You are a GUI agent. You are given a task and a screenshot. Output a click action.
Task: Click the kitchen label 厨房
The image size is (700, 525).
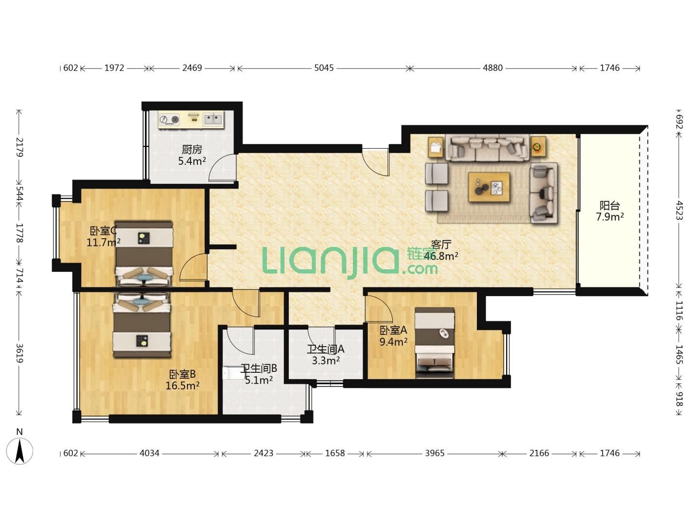192,149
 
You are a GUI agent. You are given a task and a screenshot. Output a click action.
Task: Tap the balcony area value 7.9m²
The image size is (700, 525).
610,217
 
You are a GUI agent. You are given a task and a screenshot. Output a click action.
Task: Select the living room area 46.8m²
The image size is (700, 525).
441,256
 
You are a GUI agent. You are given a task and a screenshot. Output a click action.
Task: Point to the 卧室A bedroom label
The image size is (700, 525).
393,330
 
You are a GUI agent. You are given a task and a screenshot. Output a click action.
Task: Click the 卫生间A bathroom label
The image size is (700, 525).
326,349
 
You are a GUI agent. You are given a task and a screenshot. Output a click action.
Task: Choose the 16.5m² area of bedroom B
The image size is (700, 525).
182,385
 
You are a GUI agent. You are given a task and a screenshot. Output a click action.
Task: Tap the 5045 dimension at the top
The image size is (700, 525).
324,68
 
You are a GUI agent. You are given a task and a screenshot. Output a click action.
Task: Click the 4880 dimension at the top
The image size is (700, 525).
492,68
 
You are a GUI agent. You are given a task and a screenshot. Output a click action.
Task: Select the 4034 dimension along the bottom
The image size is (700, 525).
149,453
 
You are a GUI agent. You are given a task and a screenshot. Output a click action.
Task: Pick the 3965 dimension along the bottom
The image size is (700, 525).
435,453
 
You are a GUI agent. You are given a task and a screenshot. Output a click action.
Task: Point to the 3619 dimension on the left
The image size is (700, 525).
19,353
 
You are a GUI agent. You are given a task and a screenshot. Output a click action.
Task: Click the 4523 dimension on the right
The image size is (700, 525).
679,210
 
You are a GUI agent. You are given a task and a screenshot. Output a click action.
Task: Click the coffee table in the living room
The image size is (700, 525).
489,187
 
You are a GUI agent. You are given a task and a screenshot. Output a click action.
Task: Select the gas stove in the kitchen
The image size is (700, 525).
169,120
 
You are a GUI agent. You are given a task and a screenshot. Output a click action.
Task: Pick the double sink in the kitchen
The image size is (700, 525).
213,120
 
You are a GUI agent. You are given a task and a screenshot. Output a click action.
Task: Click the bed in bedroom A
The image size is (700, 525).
435,343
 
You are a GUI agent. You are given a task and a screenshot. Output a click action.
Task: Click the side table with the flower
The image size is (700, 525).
538,147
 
